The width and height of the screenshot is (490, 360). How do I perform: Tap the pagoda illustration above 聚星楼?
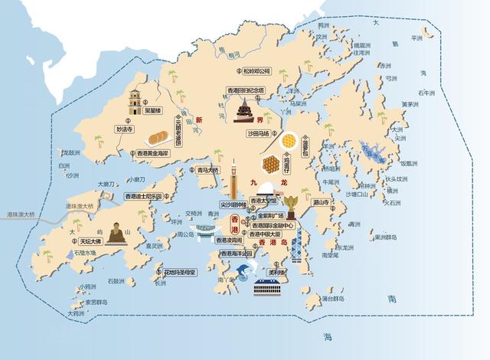136,100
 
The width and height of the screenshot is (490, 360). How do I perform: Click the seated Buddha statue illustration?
115,233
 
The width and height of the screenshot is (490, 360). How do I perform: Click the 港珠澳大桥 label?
21,216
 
